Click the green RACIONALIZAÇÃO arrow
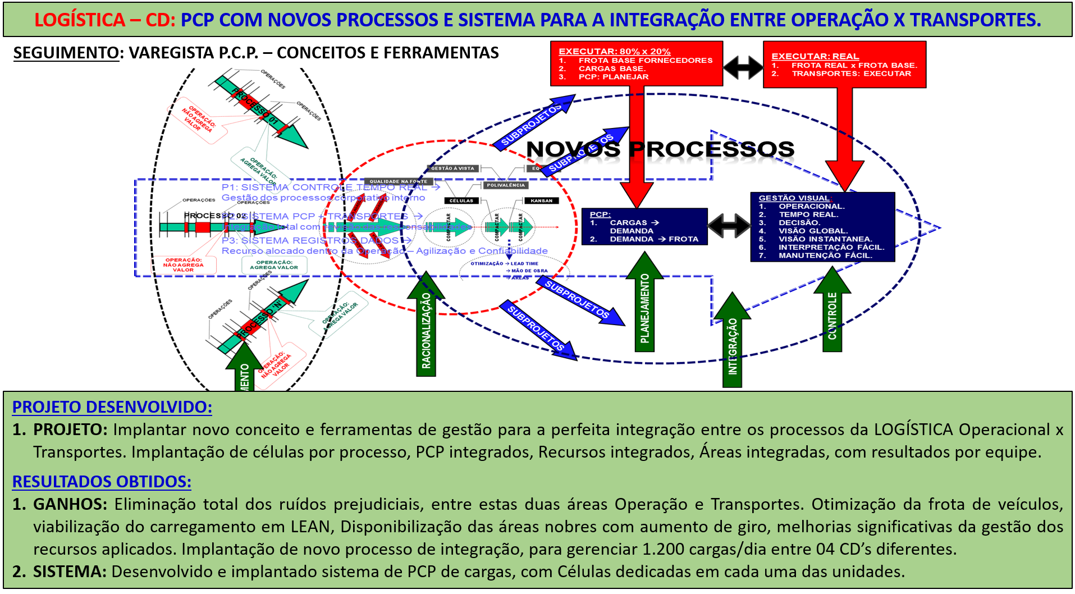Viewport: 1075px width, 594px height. click(426, 328)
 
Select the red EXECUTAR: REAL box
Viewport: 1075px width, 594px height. click(844, 65)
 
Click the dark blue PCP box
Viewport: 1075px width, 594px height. click(644, 227)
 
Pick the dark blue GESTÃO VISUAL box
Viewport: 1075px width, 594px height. click(822, 227)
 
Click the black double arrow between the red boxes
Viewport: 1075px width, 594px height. click(743, 67)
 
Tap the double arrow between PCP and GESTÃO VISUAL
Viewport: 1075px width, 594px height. click(729, 226)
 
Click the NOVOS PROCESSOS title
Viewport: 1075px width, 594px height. click(660, 149)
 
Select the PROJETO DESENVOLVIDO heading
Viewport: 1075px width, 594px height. click(112, 406)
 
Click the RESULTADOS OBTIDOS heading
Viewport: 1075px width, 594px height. click(102, 481)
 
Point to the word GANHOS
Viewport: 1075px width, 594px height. click(70, 504)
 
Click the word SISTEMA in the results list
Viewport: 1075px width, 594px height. click(70, 572)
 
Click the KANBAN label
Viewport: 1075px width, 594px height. click(541, 200)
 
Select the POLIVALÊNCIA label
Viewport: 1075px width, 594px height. click(506, 185)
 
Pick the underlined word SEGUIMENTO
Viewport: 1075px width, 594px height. click(66, 53)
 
